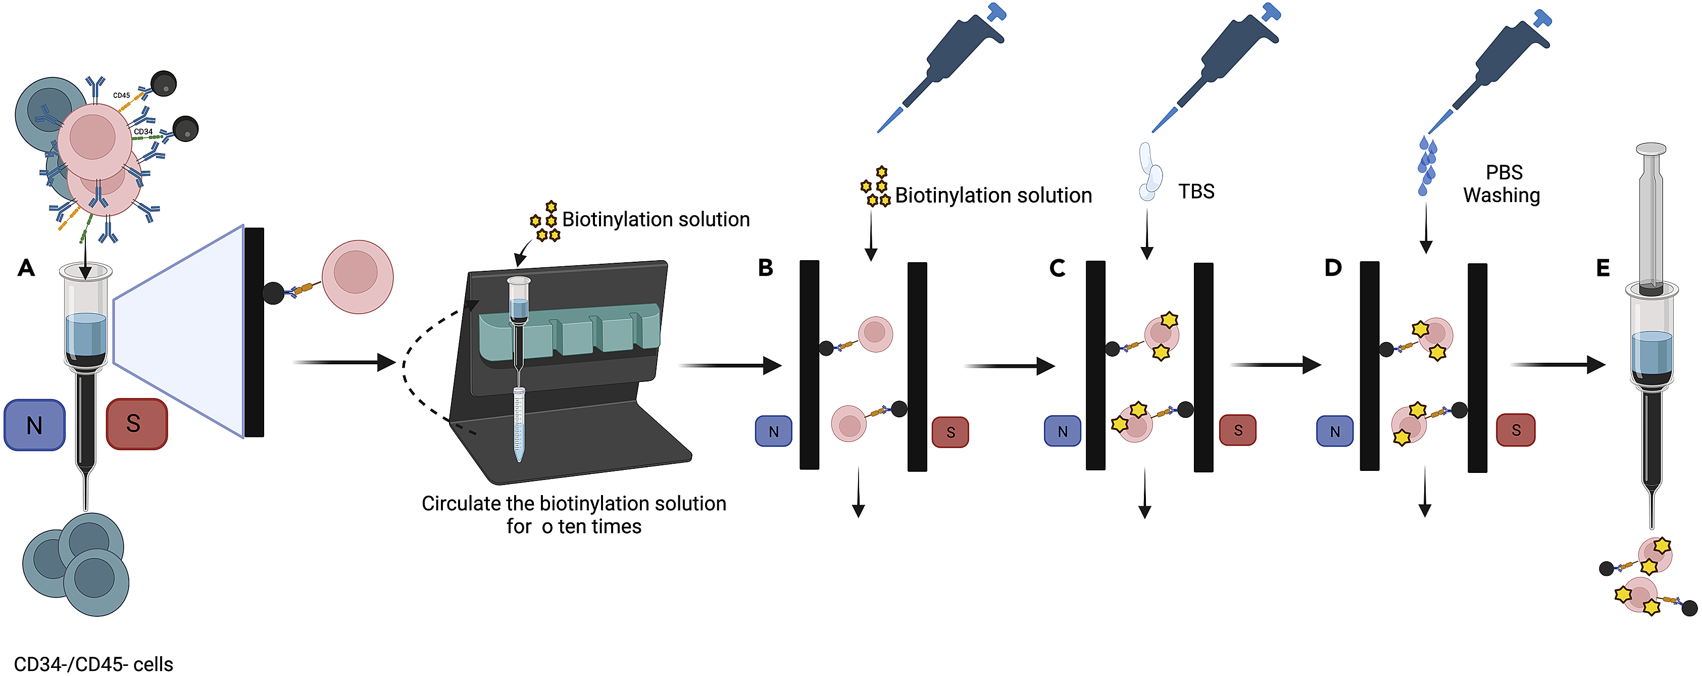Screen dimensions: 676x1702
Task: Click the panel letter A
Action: pyautogui.click(x=26, y=268)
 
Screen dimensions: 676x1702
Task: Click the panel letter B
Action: pyautogui.click(x=765, y=268)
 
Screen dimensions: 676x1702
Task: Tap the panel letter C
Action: pyautogui.click(x=1057, y=268)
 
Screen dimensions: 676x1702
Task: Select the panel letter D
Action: pyautogui.click(x=1333, y=268)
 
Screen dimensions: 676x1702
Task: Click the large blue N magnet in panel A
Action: pyautogui.click(x=34, y=425)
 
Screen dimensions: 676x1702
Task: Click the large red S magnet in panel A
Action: pyautogui.click(x=136, y=423)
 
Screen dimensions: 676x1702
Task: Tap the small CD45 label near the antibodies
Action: pyautogui.click(x=122, y=95)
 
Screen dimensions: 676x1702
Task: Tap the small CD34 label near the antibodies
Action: pyautogui.click(x=143, y=131)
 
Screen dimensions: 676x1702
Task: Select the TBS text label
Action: pyautogui.click(x=1196, y=191)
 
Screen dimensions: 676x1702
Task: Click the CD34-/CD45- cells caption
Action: pyautogui.click(x=93, y=663)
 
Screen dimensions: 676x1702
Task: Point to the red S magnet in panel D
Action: pyautogui.click(x=1515, y=430)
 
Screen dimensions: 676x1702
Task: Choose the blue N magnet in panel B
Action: pyautogui.click(x=773, y=431)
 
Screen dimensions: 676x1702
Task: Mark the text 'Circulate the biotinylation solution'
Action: pyautogui.click(x=574, y=504)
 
